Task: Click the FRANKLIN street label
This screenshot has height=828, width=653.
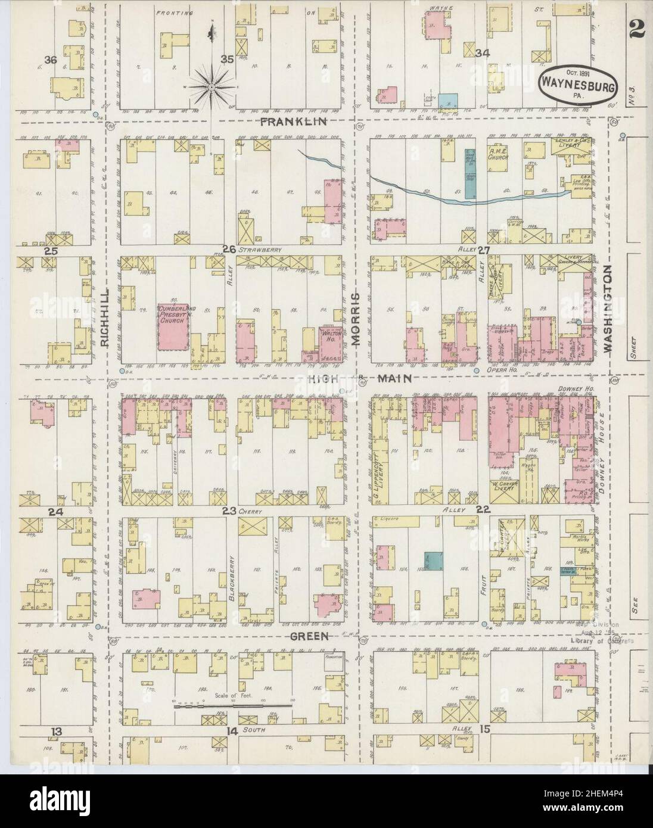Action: (295, 122)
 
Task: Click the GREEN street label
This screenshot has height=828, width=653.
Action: (310, 636)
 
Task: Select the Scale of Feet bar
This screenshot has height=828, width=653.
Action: (232, 706)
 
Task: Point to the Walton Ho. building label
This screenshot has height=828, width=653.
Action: (329, 336)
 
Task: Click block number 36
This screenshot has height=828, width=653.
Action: (51, 60)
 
